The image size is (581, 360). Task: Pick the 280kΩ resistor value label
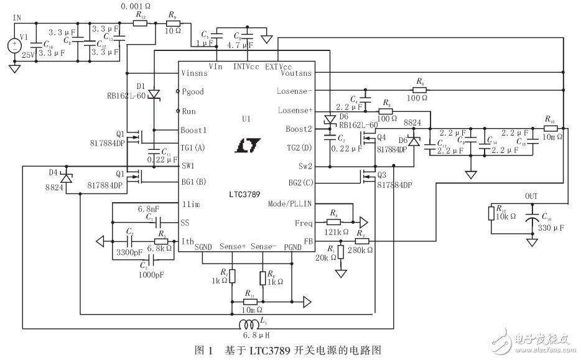[360, 249]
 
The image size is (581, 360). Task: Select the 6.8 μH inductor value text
[256, 336]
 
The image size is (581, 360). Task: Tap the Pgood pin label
[193, 91]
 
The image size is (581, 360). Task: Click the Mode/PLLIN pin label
[290, 203]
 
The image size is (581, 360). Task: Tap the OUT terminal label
[531, 196]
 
